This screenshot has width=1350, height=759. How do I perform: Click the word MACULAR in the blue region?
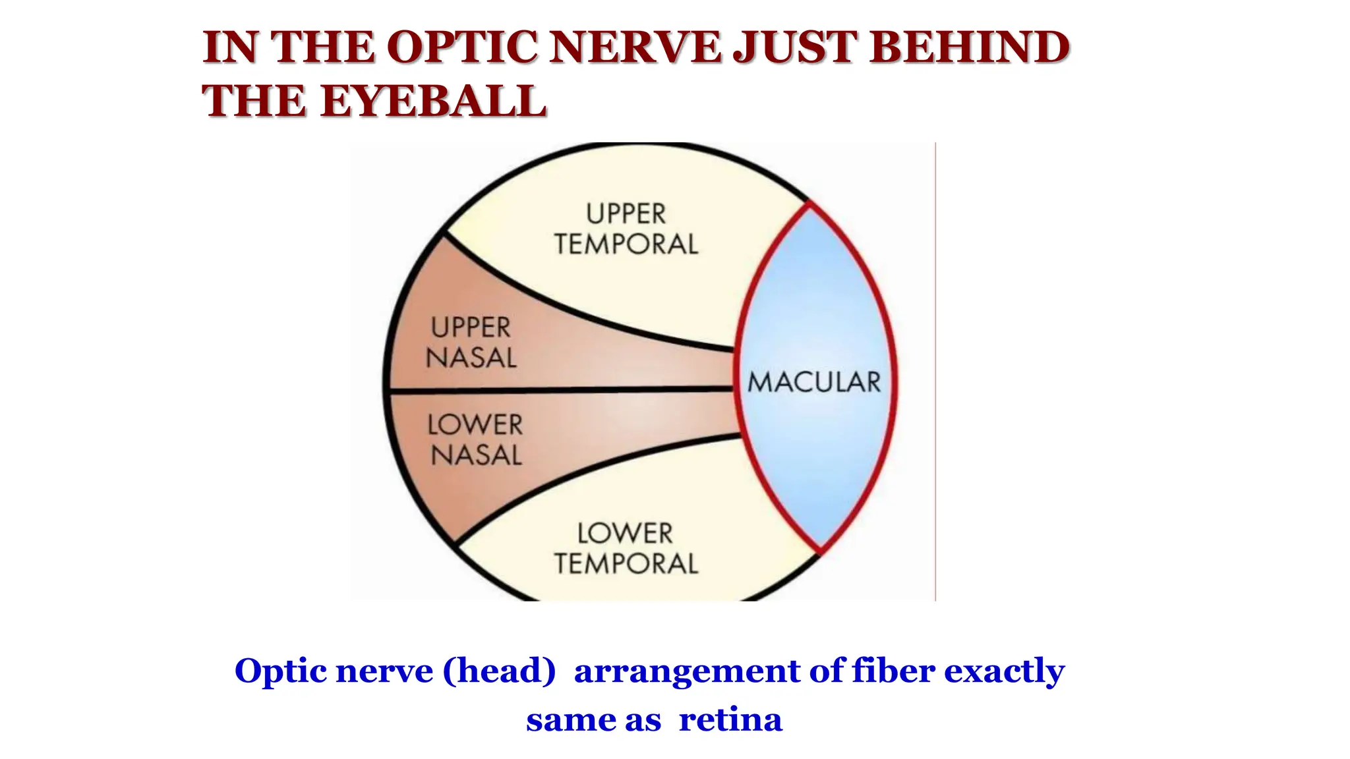click(x=814, y=382)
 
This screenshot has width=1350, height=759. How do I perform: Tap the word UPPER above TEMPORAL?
click(x=626, y=214)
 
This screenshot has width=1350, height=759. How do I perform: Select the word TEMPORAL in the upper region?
click(x=626, y=244)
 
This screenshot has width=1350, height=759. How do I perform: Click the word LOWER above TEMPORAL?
click(x=625, y=533)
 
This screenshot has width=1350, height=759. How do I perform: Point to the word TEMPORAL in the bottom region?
click(x=626, y=564)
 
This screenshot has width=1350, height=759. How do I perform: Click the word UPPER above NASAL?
click(x=471, y=327)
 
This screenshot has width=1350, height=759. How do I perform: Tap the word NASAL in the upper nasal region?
click(x=471, y=358)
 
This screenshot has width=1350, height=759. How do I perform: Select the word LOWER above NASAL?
click(x=475, y=424)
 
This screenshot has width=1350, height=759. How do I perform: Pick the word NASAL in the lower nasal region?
click(x=476, y=455)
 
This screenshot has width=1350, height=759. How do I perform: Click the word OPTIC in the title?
click(x=461, y=47)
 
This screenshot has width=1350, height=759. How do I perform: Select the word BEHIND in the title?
click(x=969, y=47)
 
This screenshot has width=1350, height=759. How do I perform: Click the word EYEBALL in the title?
click(x=433, y=101)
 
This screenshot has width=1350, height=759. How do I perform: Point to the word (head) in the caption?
click(x=499, y=671)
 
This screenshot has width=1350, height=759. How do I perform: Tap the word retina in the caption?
click(x=730, y=719)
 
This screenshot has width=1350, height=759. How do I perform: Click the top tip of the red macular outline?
click(x=809, y=204)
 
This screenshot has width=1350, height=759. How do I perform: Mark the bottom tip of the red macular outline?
click(x=820, y=551)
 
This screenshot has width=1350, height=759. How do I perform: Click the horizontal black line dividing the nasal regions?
click(x=560, y=391)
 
